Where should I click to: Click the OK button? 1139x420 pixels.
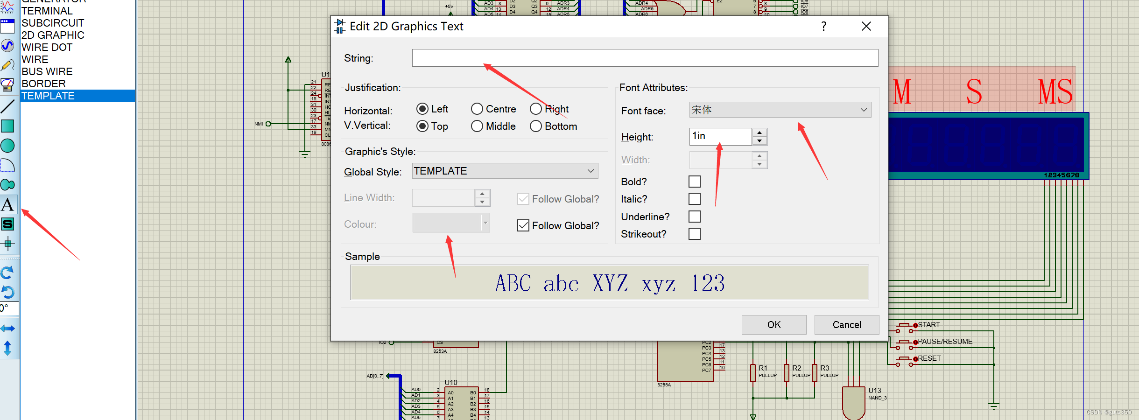(x=773, y=325)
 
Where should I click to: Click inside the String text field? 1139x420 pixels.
(x=644, y=58)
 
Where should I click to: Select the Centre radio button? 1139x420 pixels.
(x=477, y=109)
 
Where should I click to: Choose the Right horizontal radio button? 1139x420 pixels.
(x=536, y=109)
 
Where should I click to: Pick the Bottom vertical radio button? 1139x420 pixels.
(x=536, y=126)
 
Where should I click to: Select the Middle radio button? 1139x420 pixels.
(x=477, y=126)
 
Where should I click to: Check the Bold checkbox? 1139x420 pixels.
(x=695, y=182)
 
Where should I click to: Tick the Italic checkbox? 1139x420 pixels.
(x=695, y=199)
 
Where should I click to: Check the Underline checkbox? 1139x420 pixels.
(x=695, y=217)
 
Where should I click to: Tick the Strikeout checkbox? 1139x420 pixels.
(x=695, y=234)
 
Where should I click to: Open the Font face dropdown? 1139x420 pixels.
(x=780, y=110)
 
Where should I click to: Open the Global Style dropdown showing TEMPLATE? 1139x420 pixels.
(x=505, y=171)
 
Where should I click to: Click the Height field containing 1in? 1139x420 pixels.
(x=720, y=136)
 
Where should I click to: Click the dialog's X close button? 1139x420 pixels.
(x=866, y=27)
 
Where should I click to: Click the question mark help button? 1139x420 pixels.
(x=824, y=27)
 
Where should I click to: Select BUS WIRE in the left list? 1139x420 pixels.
(x=47, y=72)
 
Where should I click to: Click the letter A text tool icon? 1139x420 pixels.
(x=8, y=205)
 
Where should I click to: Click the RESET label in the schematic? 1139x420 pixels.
(x=929, y=358)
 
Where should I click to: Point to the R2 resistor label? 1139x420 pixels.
(x=796, y=368)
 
